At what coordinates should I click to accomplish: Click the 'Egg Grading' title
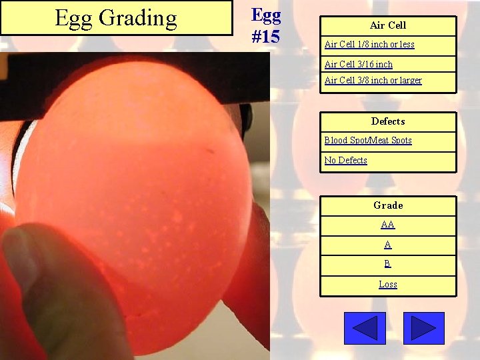click(x=116, y=18)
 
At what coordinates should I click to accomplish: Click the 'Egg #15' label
click(x=266, y=25)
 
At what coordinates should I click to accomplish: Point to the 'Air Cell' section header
click(x=388, y=25)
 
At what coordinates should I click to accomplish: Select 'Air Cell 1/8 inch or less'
click(x=369, y=45)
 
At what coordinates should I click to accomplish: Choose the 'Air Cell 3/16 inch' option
click(x=359, y=65)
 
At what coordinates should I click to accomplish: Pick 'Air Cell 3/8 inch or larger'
click(x=373, y=81)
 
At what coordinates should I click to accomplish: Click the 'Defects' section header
click(x=388, y=121)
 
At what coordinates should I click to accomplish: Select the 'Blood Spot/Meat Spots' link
click(x=368, y=141)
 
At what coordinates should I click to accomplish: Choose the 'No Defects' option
click(x=345, y=161)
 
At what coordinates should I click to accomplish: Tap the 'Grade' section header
click(x=388, y=205)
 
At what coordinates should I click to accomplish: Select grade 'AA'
click(x=388, y=225)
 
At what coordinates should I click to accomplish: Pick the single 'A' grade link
click(x=388, y=245)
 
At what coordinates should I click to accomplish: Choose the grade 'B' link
click(x=388, y=264)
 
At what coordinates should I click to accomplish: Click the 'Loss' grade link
click(x=388, y=285)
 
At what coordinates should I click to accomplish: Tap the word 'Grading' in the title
click(x=137, y=19)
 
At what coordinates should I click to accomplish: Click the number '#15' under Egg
click(x=266, y=36)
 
